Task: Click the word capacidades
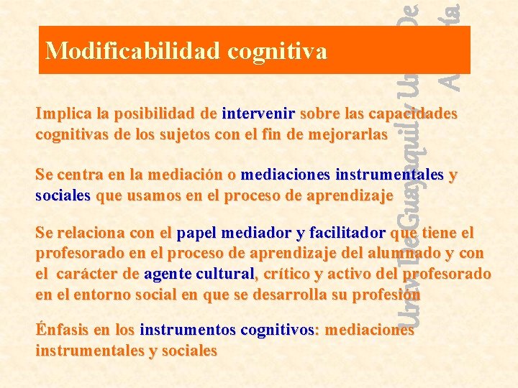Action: [413, 114]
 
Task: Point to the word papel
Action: [198, 234]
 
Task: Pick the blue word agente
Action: [168, 274]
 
